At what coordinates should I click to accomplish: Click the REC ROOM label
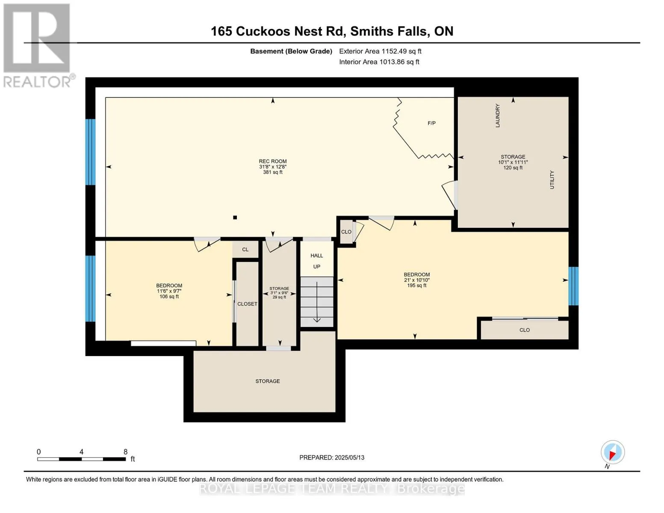click(x=272, y=161)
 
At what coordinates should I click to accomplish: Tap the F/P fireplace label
click(x=431, y=123)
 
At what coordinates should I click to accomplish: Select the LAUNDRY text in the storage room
click(x=497, y=115)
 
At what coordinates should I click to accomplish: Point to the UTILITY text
click(x=552, y=180)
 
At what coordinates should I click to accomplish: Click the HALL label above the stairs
click(x=316, y=255)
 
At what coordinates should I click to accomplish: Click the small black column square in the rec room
click(x=235, y=218)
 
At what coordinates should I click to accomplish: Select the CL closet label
click(x=245, y=249)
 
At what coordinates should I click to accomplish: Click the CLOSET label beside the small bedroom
click(x=247, y=304)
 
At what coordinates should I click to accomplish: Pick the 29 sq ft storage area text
click(x=279, y=297)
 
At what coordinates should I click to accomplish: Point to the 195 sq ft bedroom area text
click(x=416, y=286)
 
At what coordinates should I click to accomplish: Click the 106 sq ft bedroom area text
click(x=169, y=296)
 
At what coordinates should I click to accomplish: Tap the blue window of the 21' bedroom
click(x=573, y=286)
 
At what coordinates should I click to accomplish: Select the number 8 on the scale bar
click(x=126, y=451)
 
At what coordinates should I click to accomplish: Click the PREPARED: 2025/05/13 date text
click(x=332, y=457)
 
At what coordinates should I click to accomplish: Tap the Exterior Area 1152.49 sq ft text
click(x=380, y=51)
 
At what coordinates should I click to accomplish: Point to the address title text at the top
click(x=332, y=31)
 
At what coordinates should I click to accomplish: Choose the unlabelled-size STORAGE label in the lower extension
click(x=268, y=381)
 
